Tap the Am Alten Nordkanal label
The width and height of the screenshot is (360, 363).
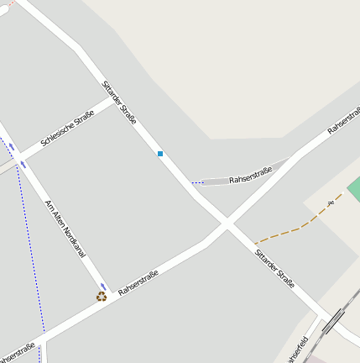coord(65,228)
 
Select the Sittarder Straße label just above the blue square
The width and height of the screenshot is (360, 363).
coord(119,103)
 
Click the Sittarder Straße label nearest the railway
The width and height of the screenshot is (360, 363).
coord(274,268)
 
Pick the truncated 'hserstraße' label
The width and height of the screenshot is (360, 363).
coord(17,351)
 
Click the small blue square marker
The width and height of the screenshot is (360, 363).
coord(159,154)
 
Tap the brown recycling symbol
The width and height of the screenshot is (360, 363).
coord(102,296)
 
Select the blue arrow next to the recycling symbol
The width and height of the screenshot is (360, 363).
coord(103,287)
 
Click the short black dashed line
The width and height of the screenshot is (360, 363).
coord(197,182)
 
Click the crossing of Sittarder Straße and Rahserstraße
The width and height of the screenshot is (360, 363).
coord(227,224)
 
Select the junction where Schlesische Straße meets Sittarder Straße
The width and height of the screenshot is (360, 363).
coord(114,99)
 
